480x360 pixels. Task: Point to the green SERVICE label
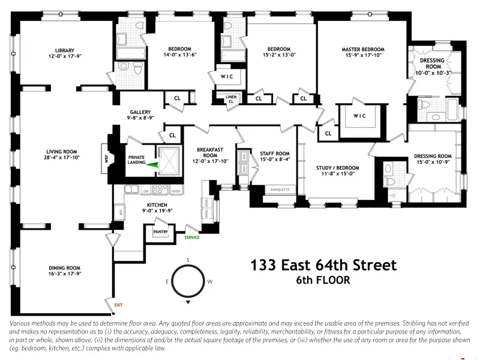coord(192,237)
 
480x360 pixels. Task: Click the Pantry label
coord(160,230)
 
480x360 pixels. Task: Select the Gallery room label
coord(139,112)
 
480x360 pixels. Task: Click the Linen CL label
coord(230,99)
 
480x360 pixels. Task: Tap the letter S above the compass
coord(188,259)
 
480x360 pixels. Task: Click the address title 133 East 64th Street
coord(323,265)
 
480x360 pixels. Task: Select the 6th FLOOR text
coord(323,280)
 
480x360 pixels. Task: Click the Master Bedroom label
coord(363,49)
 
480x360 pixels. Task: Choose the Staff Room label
coord(275,154)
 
